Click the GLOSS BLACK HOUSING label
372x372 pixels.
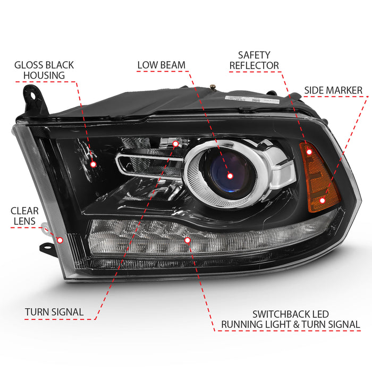45,70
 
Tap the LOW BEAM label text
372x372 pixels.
161,65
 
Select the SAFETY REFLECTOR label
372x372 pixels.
255,60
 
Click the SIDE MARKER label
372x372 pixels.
333,90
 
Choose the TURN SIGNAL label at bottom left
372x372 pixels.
54,312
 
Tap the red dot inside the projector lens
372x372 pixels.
230,176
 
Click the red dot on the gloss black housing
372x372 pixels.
93,164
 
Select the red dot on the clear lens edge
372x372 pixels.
60,240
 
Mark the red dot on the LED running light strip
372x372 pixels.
187,240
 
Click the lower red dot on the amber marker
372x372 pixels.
322,200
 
